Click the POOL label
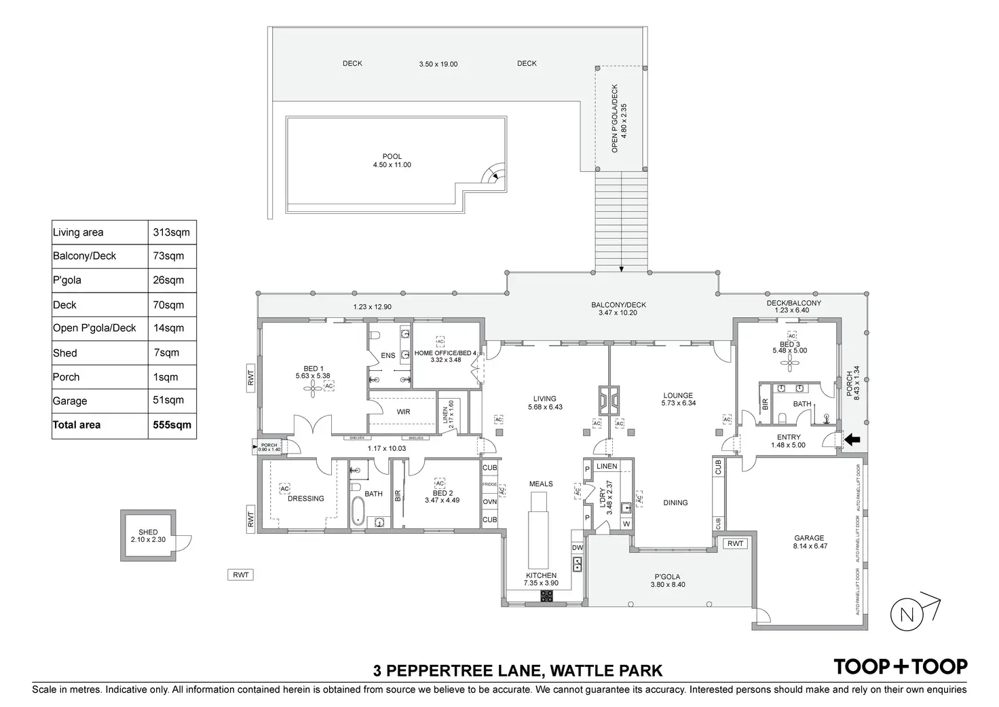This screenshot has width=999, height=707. click(x=392, y=157)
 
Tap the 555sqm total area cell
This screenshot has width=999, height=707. click(x=172, y=425)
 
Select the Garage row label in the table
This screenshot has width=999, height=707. click(x=70, y=401)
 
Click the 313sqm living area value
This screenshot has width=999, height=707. click(x=172, y=232)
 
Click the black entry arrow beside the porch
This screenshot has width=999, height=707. click(x=850, y=439)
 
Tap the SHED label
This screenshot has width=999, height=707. click(x=148, y=532)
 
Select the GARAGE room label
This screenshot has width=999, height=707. click(x=809, y=538)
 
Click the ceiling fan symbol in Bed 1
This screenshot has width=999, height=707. click(x=313, y=388)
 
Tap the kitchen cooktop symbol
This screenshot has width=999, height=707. click(x=546, y=596)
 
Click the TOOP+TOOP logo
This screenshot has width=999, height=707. click(x=901, y=666)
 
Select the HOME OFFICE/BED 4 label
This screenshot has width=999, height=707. click(x=446, y=352)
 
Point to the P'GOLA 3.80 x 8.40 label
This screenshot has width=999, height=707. click(x=668, y=581)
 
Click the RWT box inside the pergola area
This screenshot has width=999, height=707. click(x=735, y=543)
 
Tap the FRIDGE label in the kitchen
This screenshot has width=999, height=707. click(x=489, y=484)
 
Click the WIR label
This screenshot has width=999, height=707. click(x=403, y=412)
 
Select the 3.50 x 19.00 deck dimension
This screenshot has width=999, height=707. click(x=438, y=65)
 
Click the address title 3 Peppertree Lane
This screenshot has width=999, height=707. click(x=517, y=671)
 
